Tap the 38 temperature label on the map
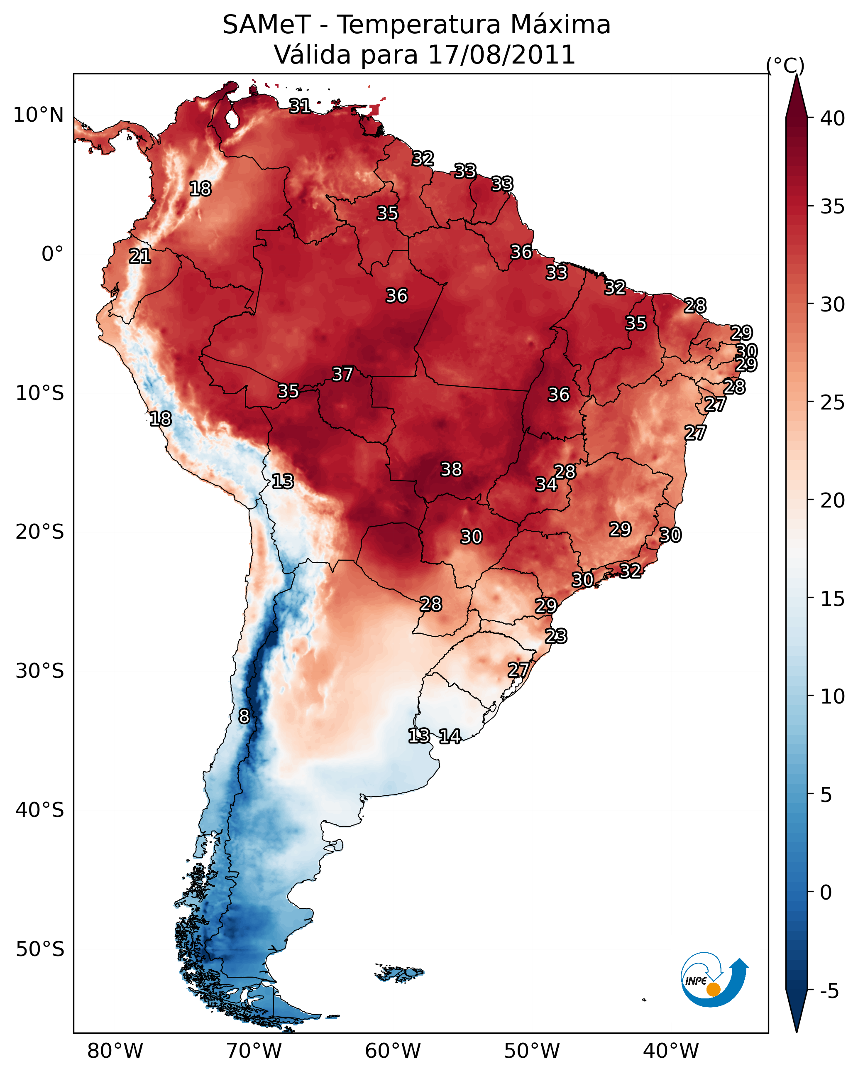point(451,469)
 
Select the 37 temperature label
point(342,374)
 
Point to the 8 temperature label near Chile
point(244,716)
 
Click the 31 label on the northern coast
point(300,106)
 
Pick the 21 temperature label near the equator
point(140,257)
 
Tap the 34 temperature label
point(546,484)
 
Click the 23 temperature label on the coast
point(556,636)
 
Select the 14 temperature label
point(450,736)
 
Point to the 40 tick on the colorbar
point(832,118)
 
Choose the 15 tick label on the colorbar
point(832,599)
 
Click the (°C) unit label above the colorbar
point(785,65)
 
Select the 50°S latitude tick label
point(40,949)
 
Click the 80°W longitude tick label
point(115,1051)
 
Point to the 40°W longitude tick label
point(671,1051)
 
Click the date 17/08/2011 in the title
point(501,55)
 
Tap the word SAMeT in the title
point(266,25)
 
